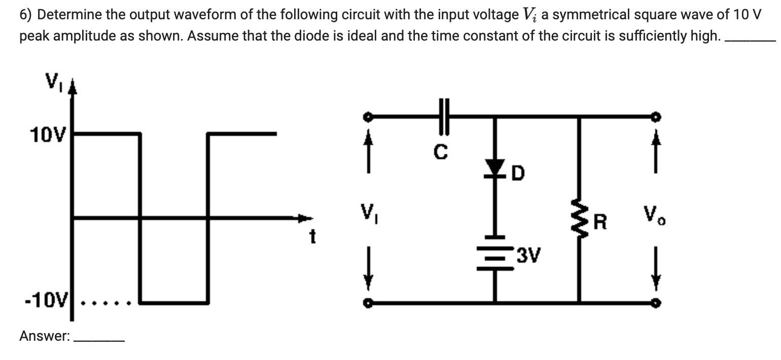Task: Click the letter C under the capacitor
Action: (442, 152)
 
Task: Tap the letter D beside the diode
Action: (518, 174)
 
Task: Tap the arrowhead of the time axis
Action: (305, 219)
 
